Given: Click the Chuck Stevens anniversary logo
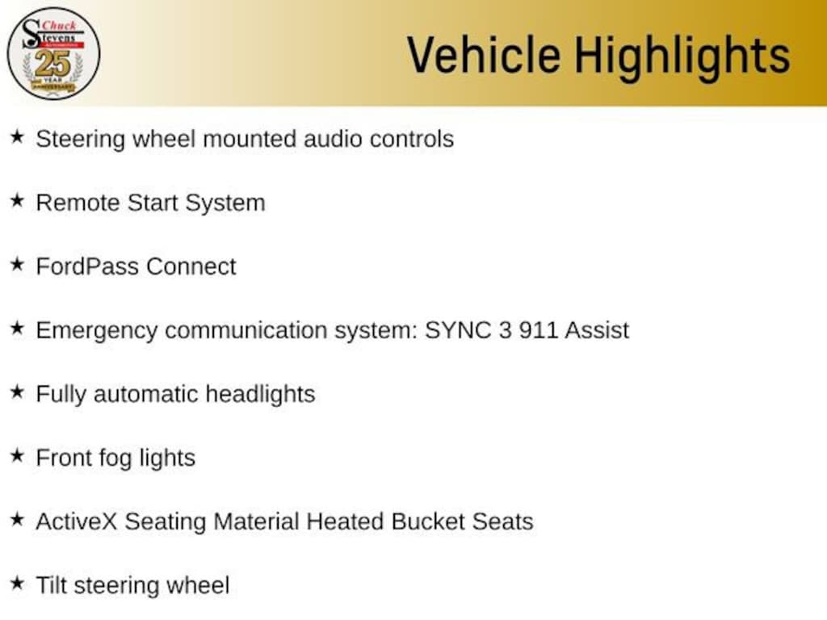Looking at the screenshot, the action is [53, 53].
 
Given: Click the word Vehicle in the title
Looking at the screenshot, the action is [484, 55].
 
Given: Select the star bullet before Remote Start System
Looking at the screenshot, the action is [18, 200].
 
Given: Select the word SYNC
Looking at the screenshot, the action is [458, 330].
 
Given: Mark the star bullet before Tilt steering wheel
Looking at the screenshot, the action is [18, 583].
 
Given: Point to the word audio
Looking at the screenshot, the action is [333, 139].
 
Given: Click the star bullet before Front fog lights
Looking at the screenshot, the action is [18, 455].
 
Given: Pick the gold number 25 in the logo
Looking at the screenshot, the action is [52, 64].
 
